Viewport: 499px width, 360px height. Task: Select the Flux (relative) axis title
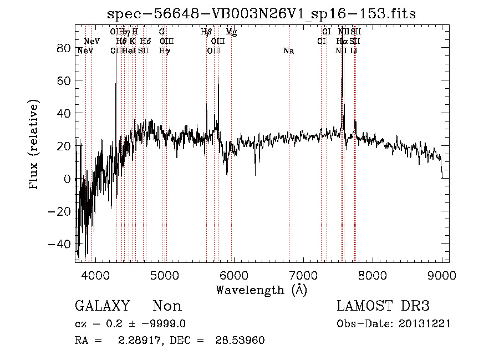[x=34, y=145]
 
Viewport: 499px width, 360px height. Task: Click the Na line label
[x=288, y=51]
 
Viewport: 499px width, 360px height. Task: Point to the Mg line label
[x=232, y=33]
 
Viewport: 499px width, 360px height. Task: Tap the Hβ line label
[x=206, y=32]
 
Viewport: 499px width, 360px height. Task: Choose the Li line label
[x=353, y=51]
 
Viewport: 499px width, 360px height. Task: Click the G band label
[x=162, y=32]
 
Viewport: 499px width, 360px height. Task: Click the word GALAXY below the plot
[x=102, y=306]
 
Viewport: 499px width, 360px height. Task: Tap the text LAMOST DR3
[x=383, y=306]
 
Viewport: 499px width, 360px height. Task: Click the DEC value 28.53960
[x=240, y=341]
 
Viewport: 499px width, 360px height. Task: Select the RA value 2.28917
[x=137, y=341]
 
